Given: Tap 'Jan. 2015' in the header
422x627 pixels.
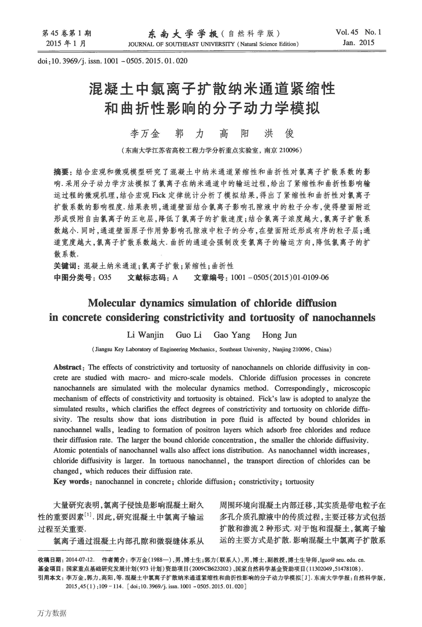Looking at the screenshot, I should pyautogui.click(x=358, y=43).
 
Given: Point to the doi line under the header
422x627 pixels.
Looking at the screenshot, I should pyautogui.click(x=112, y=61).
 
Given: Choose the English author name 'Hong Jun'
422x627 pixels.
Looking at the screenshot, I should pyautogui.click(x=279, y=335).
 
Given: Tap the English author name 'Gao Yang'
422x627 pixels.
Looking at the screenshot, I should pyautogui.click(x=232, y=335).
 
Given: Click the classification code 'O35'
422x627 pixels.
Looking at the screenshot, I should pyautogui.click(x=105, y=277).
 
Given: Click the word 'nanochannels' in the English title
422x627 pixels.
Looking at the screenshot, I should pyautogui.click(x=343, y=318).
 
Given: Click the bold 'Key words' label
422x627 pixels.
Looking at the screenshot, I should pyautogui.click(x=71, y=482).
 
